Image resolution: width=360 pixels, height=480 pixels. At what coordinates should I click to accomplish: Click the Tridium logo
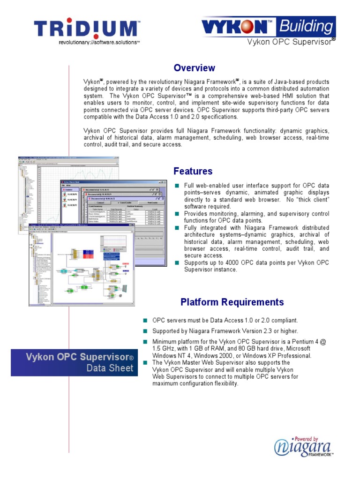pyautogui.click(x=87, y=29)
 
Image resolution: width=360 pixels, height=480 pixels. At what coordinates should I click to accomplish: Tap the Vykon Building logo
pyautogui.click(x=268, y=27)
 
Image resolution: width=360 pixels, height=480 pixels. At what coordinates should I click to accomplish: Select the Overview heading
pyautogui.click(x=194, y=68)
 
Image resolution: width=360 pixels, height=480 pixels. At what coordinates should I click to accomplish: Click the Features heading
pyautogui.click(x=193, y=171)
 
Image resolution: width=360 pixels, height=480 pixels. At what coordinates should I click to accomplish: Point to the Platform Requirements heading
pyautogui.click(x=232, y=302)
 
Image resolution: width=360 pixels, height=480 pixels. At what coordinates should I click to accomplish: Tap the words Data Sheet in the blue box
pyautogui.click(x=110, y=368)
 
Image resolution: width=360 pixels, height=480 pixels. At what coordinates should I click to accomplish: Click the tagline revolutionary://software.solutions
pyautogui.click(x=99, y=42)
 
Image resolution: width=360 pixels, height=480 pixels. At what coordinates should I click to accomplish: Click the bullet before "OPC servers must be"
pyautogui.click(x=146, y=321)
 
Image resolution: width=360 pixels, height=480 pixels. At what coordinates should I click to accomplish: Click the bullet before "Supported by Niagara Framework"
pyautogui.click(x=146, y=331)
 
